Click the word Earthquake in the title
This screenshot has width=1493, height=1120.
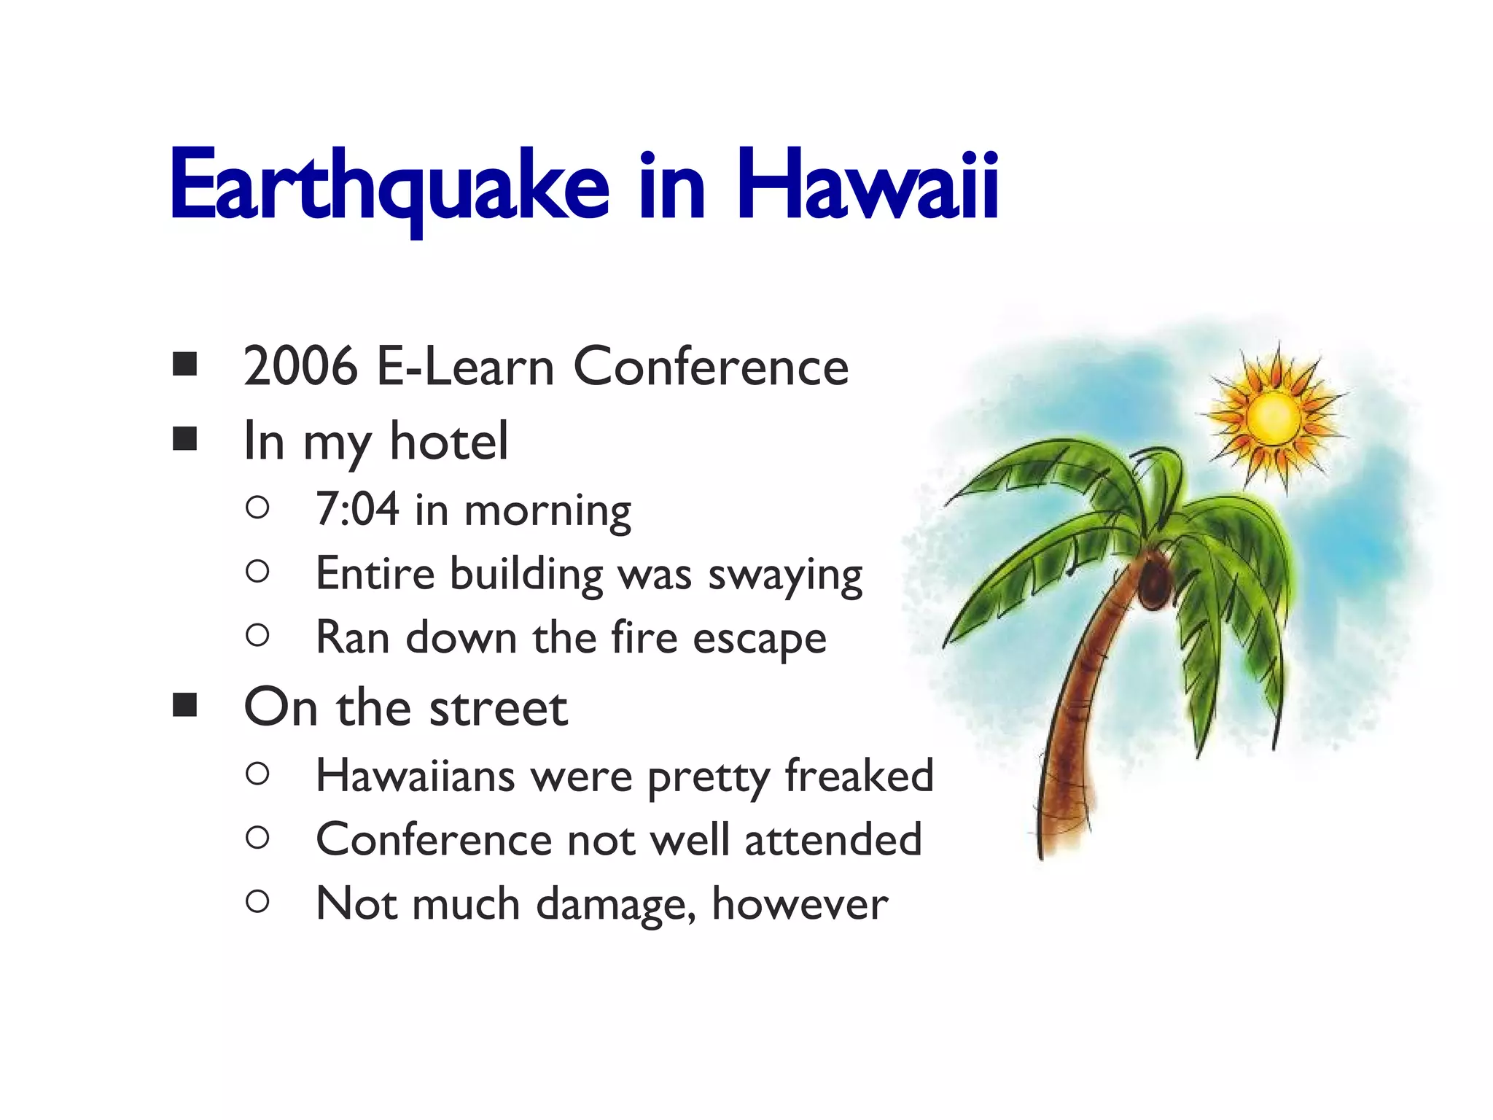[x=389, y=186]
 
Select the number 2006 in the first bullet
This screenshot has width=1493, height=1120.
[x=300, y=366]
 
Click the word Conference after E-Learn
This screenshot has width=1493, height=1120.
[x=711, y=366]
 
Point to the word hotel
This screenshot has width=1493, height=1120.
[x=448, y=441]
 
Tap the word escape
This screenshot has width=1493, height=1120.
[x=759, y=639]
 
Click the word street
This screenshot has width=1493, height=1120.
[x=498, y=708]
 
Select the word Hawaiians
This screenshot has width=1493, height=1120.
[x=416, y=776]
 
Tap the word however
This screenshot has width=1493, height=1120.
[x=800, y=904]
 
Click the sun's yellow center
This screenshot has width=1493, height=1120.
[x=1274, y=418]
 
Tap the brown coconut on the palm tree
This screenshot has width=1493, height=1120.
[x=1154, y=581]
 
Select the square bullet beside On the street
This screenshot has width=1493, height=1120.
[x=185, y=706]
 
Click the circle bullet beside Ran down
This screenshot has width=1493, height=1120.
[x=257, y=636]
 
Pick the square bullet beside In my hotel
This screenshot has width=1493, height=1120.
[x=185, y=439]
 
